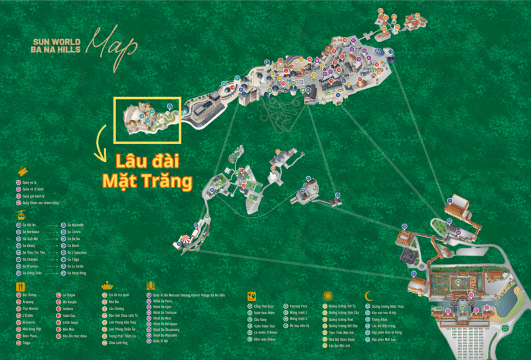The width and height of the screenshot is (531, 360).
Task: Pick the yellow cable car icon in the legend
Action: pyautogui.click(x=21, y=216)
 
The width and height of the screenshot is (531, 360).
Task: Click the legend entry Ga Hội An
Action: pyautogui.click(x=30, y=225)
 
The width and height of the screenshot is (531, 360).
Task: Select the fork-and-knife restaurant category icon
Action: pyautogui.click(x=19, y=286)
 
